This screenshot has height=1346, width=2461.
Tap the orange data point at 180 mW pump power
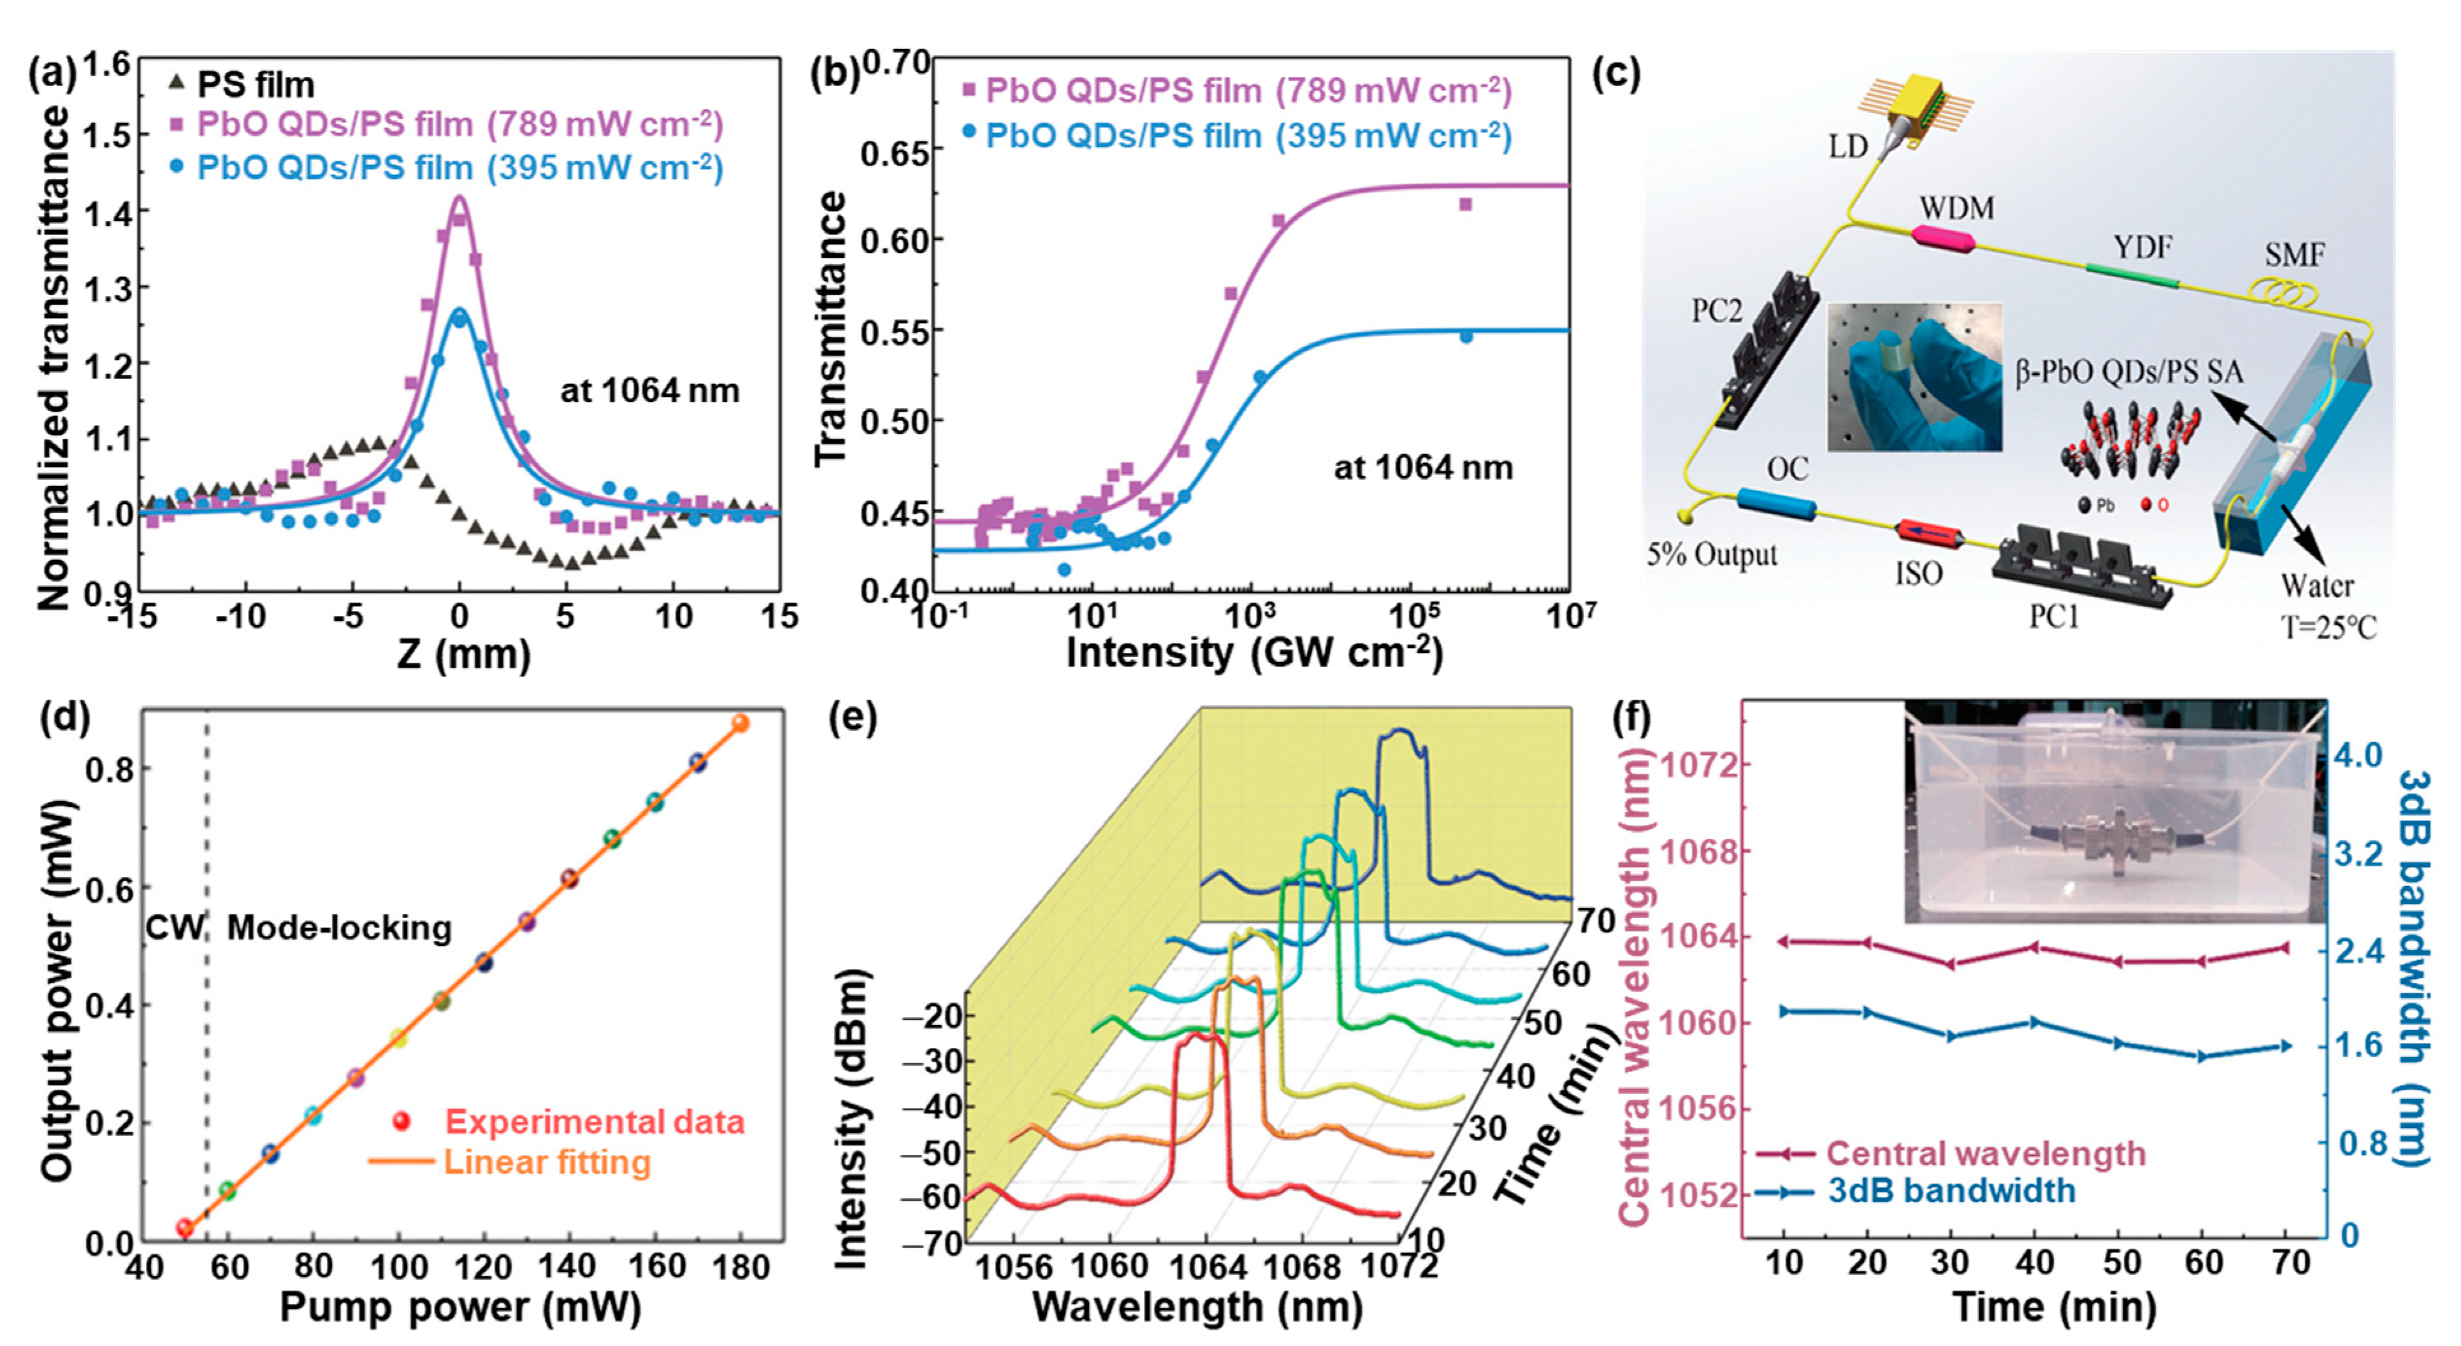click(x=739, y=723)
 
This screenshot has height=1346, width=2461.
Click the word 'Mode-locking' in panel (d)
click(x=339, y=927)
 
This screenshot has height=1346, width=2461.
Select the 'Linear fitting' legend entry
click(x=547, y=1162)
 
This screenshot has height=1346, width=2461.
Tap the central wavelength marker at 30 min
click(x=1951, y=964)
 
